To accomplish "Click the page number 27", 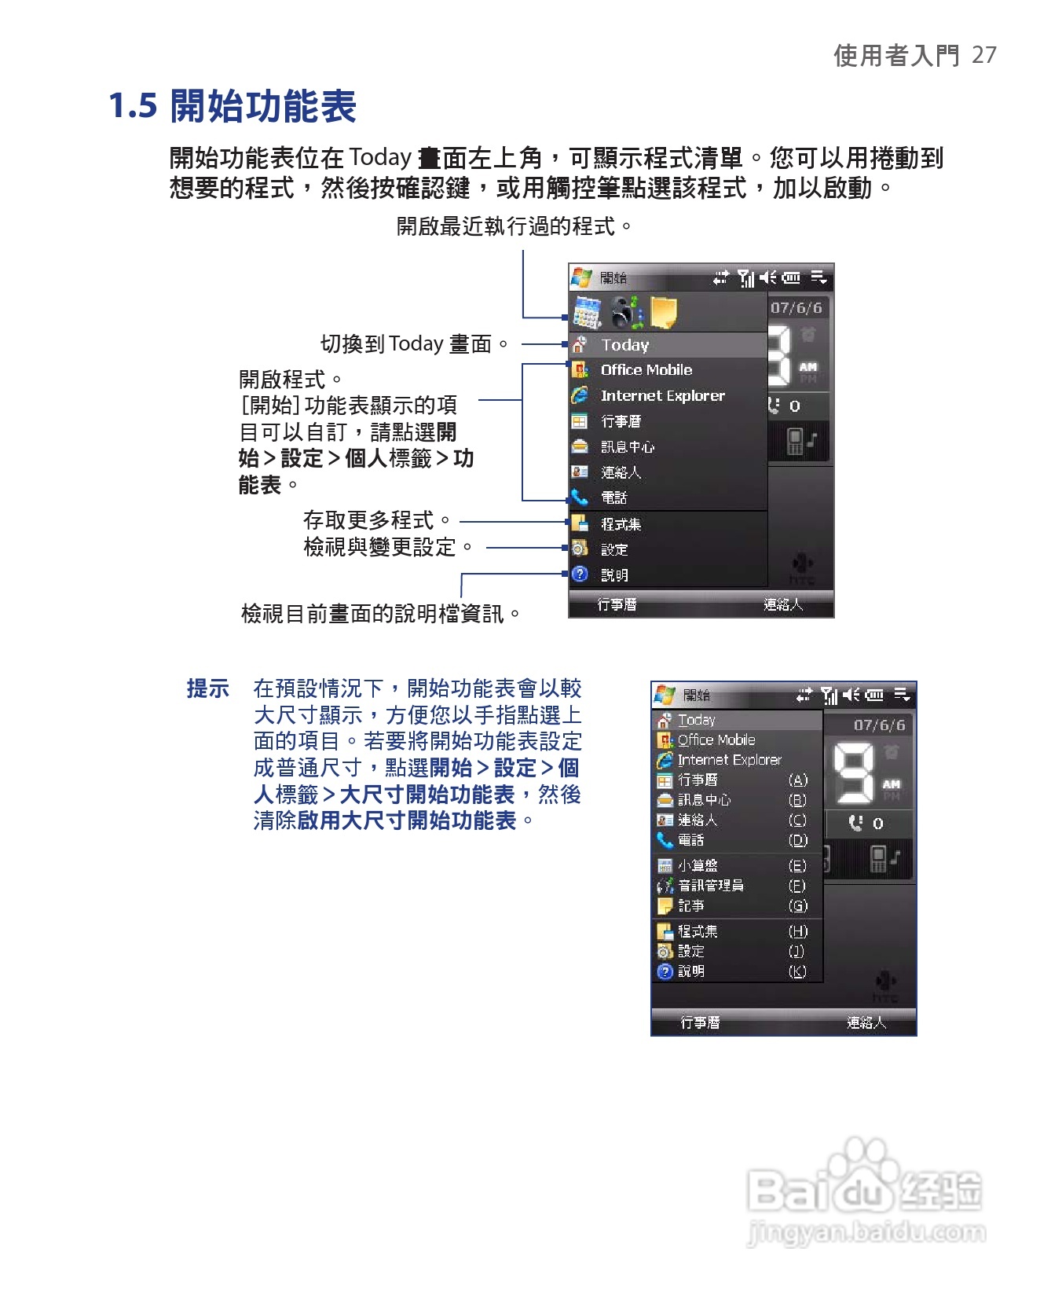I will [983, 55].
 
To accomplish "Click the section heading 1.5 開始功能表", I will [233, 106].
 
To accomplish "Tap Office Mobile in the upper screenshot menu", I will [646, 370].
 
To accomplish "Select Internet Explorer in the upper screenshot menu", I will [662, 396].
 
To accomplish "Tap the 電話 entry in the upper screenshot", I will [613, 497].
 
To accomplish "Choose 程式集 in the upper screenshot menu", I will [621, 524].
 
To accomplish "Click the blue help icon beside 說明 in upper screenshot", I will [580, 574].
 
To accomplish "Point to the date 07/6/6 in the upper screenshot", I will [796, 308].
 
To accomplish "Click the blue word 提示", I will [207, 688].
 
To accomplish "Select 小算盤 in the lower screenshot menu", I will [698, 865].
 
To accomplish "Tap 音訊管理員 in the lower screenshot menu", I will [710, 886].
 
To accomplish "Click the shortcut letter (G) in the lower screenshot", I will [797, 906].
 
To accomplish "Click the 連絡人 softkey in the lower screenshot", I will [866, 1022].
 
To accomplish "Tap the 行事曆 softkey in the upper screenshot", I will [617, 604].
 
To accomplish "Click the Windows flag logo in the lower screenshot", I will [665, 695].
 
